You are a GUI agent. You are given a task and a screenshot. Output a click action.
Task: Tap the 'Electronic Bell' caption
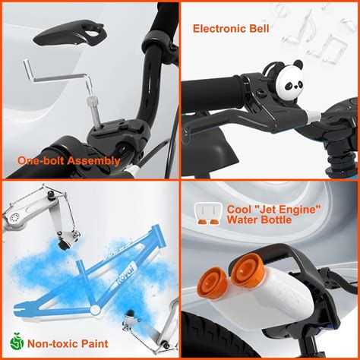click(x=231, y=29)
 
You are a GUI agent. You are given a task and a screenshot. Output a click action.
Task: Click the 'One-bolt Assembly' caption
click(x=68, y=160)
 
